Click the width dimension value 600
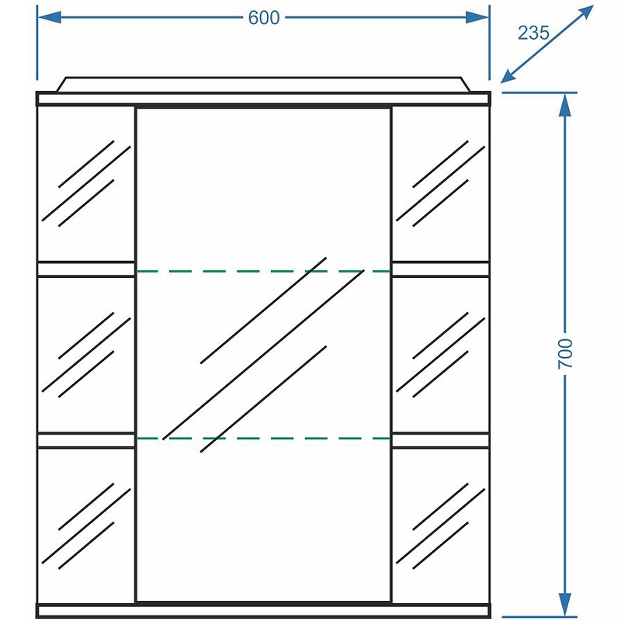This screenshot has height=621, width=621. coord(264,18)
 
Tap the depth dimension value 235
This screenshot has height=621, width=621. coord(534,33)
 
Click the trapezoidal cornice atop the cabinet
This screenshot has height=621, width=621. coord(264,84)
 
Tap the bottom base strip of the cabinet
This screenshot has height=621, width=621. coord(264,611)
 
